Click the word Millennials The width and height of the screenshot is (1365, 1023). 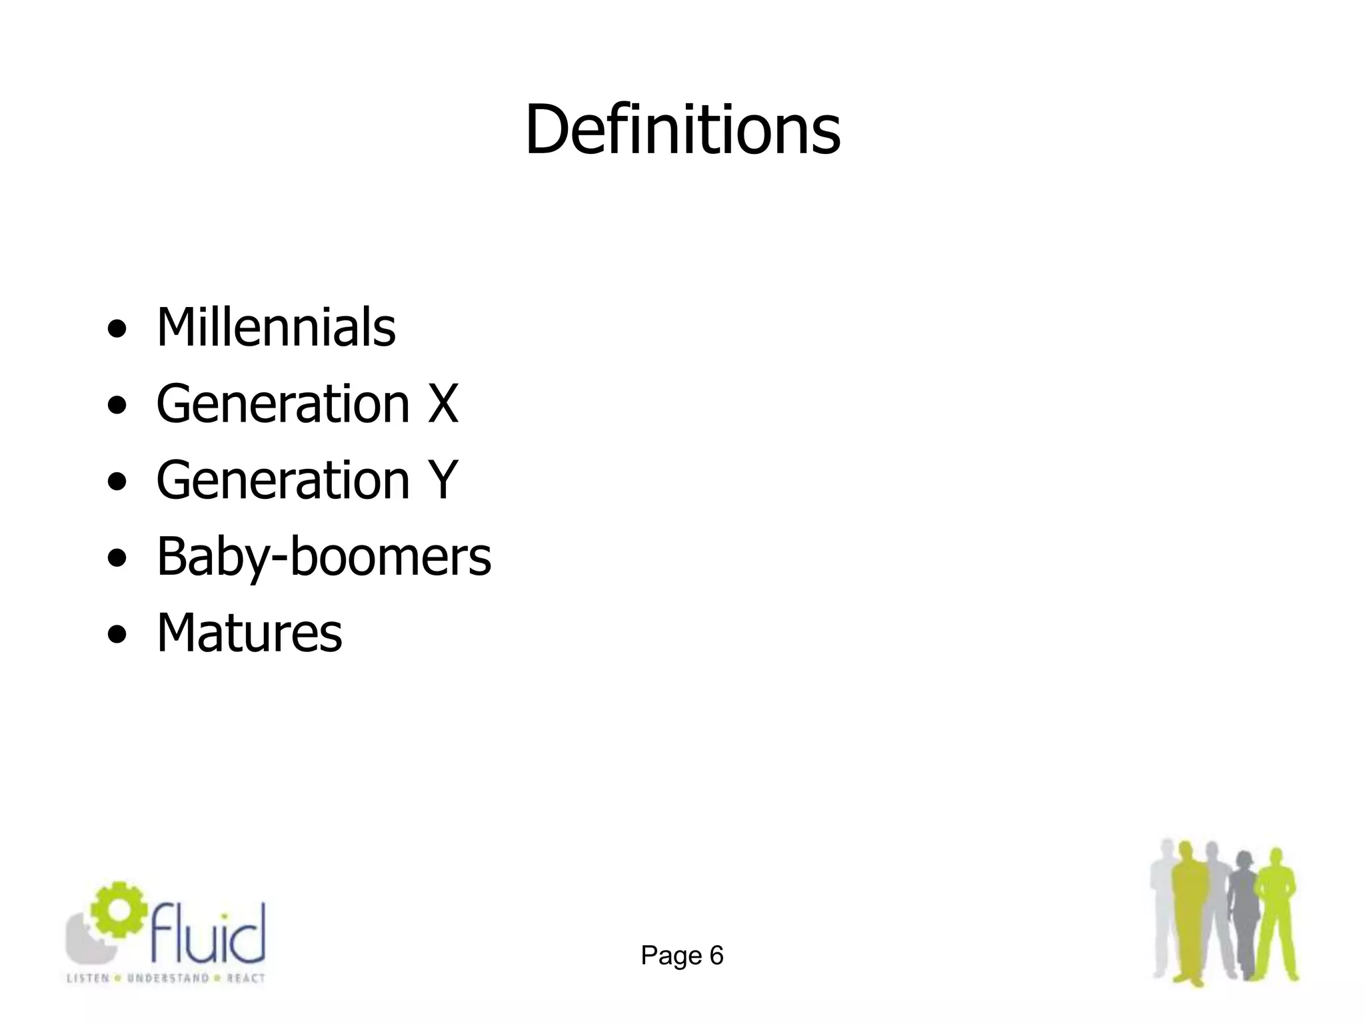(276, 327)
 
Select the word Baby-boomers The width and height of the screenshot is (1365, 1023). (324, 556)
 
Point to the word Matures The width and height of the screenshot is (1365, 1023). (249, 632)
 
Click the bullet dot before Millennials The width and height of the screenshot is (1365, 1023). (117, 329)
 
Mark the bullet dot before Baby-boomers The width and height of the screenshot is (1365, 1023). (117, 558)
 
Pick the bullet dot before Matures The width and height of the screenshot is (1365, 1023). (117, 634)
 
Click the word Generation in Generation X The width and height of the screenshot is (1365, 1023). (283, 404)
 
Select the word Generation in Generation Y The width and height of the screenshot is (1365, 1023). (283, 480)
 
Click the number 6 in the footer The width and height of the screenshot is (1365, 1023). (716, 956)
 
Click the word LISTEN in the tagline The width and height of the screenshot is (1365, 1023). (88, 978)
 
